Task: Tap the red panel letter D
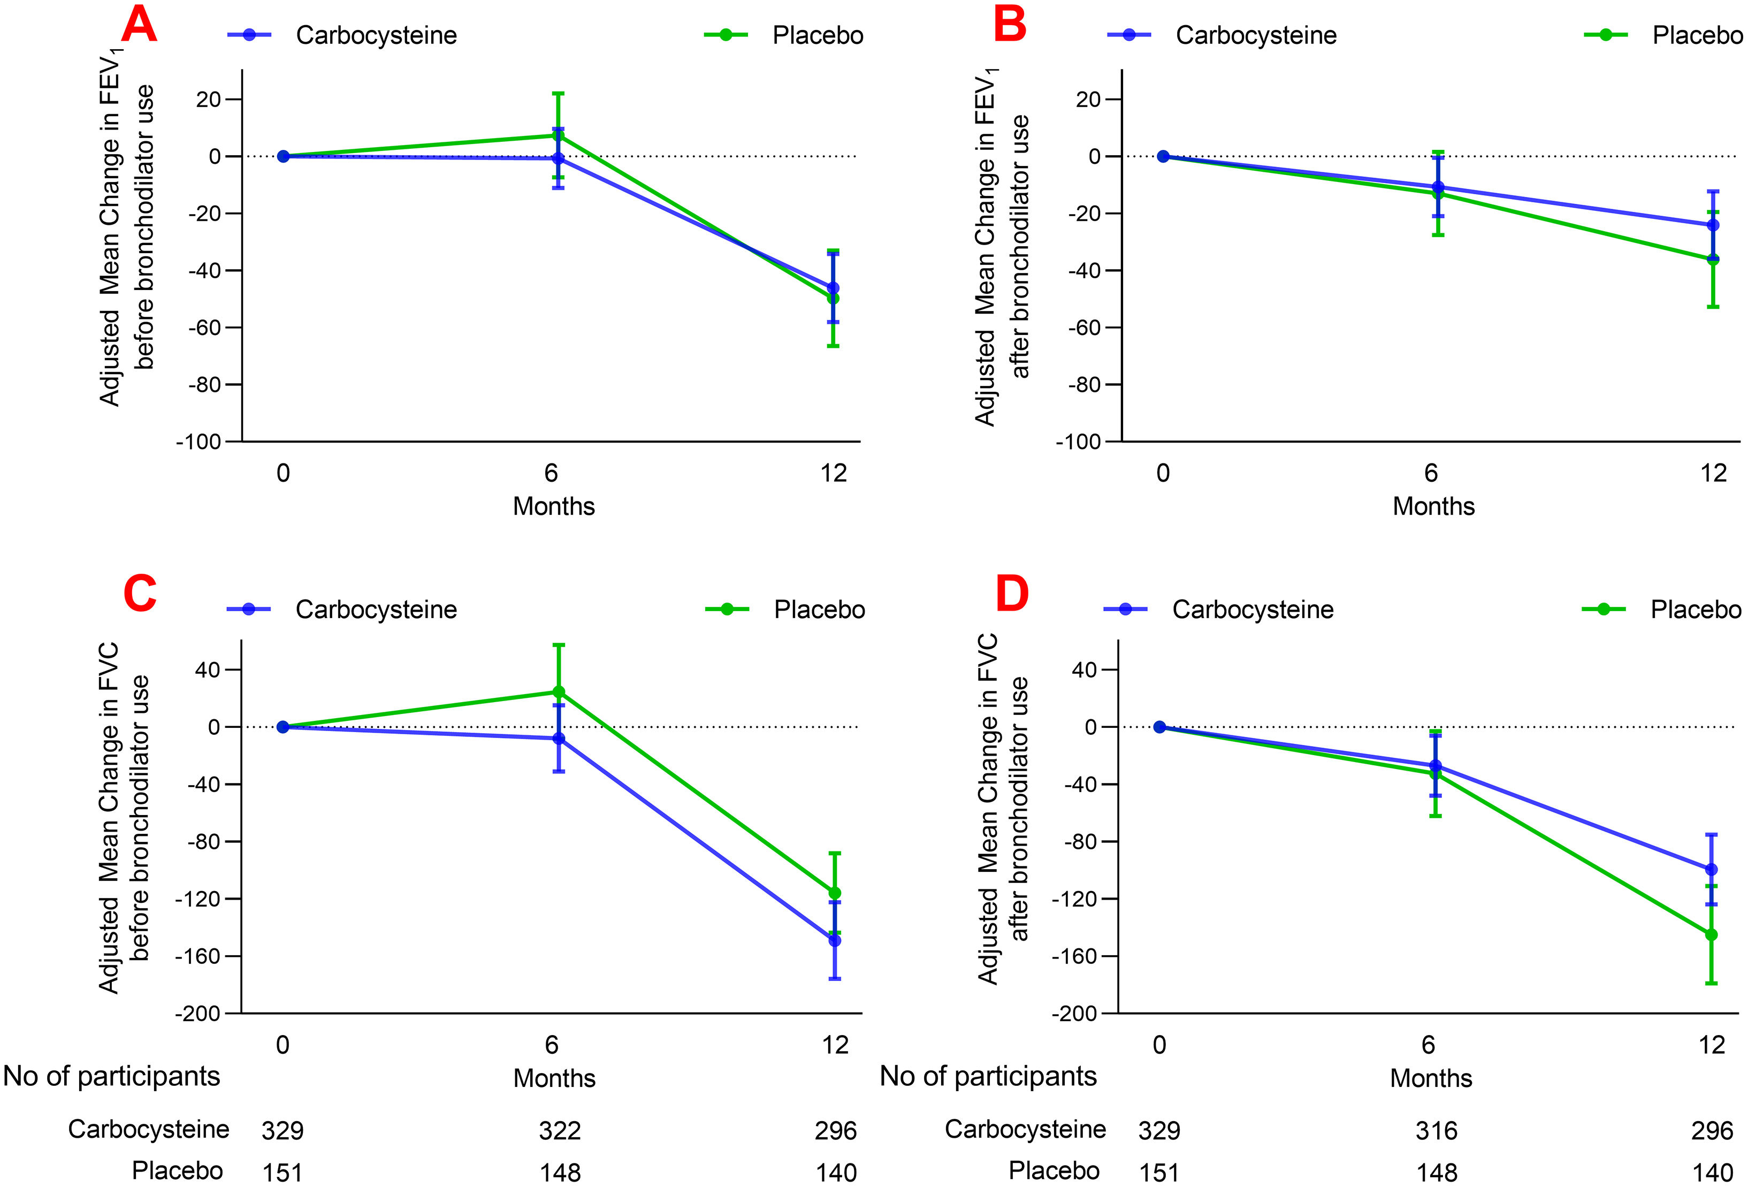click(1012, 595)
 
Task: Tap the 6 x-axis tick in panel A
click(551, 473)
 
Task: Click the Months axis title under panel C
click(554, 1078)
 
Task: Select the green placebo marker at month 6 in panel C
click(559, 692)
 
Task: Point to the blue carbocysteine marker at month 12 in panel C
click(834, 940)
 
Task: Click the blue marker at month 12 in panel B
click(1713, 225)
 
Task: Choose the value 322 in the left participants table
click(560, 1131)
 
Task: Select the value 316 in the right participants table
click(1437, 1131)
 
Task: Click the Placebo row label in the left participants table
click(178, 1170)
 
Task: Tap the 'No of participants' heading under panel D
click(988, 1076)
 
